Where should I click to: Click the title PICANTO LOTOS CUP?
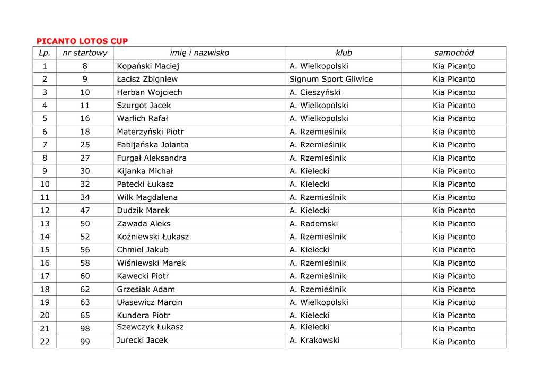point(82,41)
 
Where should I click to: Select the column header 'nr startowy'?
point(85,53)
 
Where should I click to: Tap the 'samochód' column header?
point(454,53)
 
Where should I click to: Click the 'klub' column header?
point(344,53)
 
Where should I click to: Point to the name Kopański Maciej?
point(148,66)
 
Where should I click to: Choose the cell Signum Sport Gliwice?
point(331,79)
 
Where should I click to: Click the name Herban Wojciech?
point(150,92)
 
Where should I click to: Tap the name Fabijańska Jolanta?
point(153,145)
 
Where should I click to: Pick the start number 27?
point(85,158)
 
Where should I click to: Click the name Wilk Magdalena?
point(147,197)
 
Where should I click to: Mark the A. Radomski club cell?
point(313,224)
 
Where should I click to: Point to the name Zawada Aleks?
point(144,224)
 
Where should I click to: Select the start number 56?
point(85,250)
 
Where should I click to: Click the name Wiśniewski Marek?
point(151,263)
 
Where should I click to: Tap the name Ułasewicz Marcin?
point(150,302)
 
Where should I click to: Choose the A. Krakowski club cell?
point(314,341)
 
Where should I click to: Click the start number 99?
point(85,342)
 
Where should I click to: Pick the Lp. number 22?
point(45,342)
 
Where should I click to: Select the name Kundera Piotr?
point(143,316)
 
